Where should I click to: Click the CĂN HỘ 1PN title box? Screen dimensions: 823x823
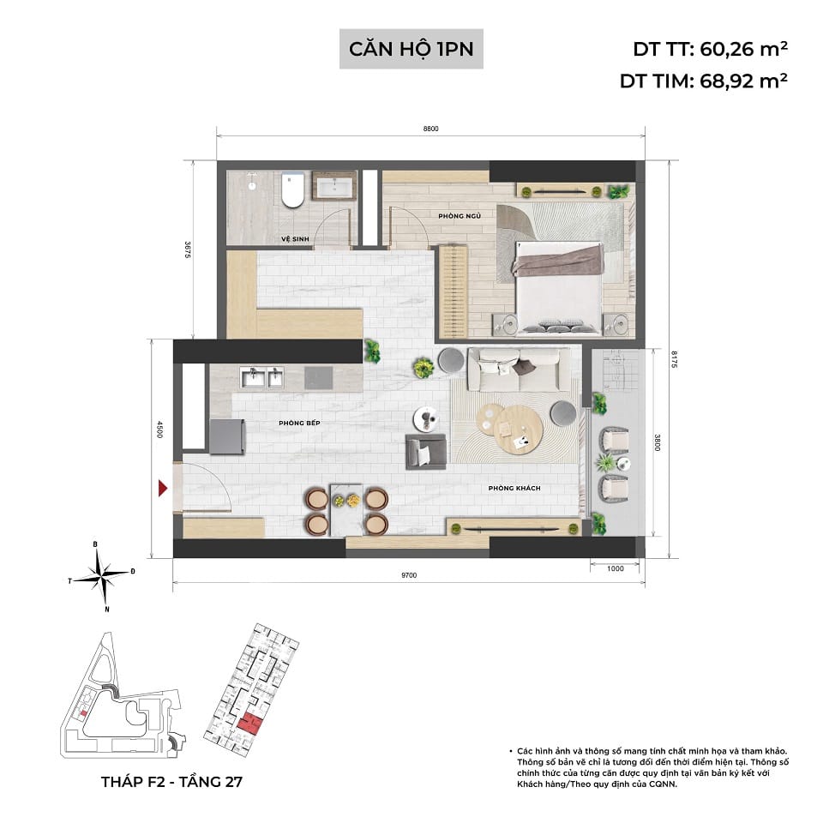tap(411, 48)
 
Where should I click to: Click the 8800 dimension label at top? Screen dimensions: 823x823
tap(430, 129)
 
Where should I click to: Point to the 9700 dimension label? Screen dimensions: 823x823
tap(408, 575)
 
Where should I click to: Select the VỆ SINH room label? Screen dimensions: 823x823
tap(294, 239)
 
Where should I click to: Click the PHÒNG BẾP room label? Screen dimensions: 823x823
tap(298, 424)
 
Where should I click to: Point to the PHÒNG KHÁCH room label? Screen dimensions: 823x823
tap(514, 488)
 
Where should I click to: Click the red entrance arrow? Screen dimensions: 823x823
tap(163, 489)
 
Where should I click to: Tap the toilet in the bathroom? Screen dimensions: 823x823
tap(292, 190)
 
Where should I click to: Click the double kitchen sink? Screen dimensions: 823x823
tap(262, 377)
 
